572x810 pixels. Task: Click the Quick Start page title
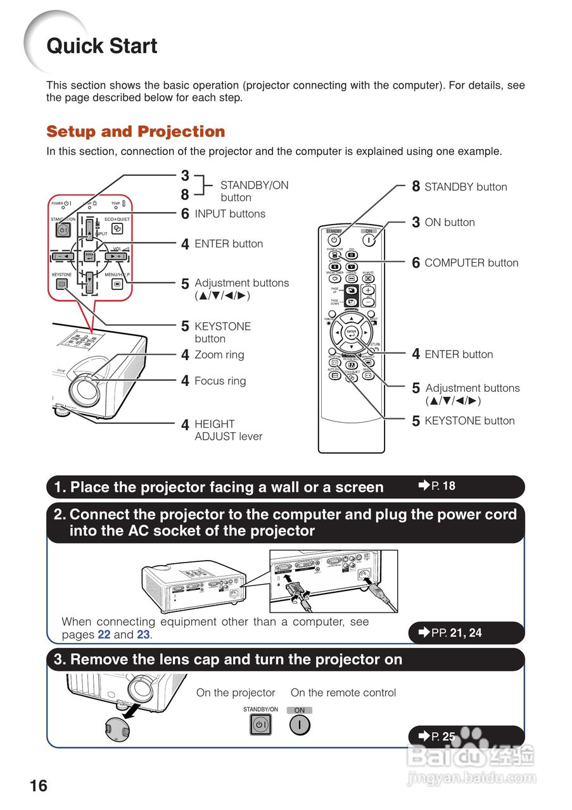coord(102,46)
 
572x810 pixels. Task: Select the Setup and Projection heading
coord(136,132)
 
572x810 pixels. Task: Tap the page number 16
coord(38,785)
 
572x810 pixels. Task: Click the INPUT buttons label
coord(230,214)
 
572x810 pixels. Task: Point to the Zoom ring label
coord(219,355)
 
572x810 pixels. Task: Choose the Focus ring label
coord(220,381)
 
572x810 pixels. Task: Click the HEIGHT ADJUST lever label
coord(228,430)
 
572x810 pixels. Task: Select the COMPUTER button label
coord(471,263)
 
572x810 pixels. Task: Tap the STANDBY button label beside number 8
coord(466,187)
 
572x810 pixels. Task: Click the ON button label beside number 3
coord(450,222)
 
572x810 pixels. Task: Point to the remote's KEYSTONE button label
coord(469,421)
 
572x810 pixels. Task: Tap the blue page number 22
coord(104,635)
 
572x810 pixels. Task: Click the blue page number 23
coord(143,635)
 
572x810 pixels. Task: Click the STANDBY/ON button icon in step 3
coord(260,725)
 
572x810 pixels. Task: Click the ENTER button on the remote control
coord(352,333)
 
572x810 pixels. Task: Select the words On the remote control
coord(343,693)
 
